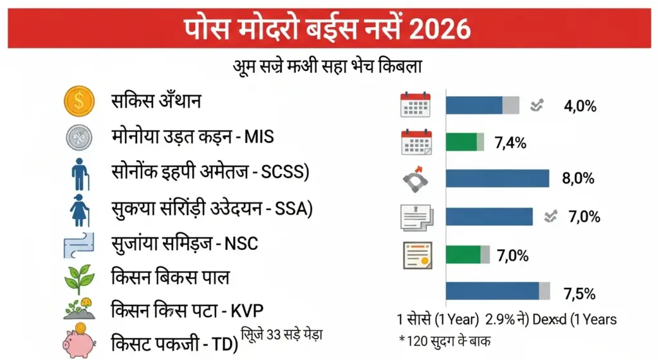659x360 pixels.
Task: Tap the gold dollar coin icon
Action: coord(79,101)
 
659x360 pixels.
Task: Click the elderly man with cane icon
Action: coord(79,173)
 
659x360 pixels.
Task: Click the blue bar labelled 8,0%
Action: coord(497,178)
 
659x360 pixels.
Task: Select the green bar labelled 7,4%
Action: coord(461,142)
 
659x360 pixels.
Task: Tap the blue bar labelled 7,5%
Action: coord(492,291)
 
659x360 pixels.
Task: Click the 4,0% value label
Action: coord(580,106)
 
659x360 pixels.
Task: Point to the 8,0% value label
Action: coord(578,179)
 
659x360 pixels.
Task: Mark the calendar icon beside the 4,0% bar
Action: coord(416,105)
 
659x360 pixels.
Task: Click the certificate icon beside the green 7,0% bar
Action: coord(416,255)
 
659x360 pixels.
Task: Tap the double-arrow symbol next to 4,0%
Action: coord(537,106)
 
